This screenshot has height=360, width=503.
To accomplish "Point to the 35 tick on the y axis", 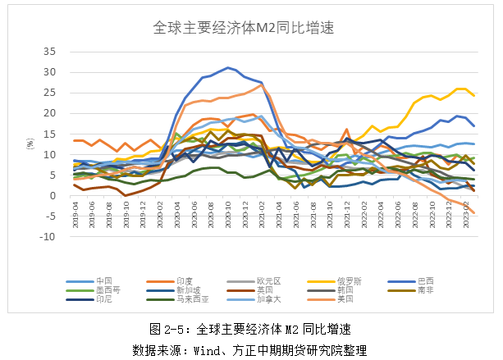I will [49, 52].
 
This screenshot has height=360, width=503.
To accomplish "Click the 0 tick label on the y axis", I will [52, 196].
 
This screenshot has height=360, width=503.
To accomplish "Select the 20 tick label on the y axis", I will [49, 113].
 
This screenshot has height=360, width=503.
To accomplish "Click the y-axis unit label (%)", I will [30, 144].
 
